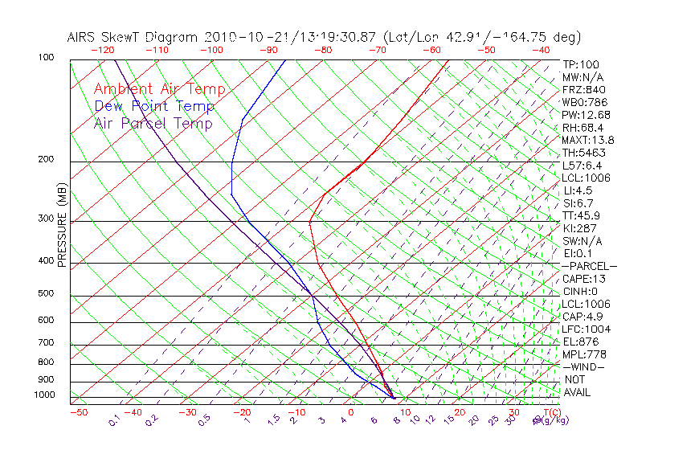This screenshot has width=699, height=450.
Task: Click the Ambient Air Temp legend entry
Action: pos(159,90)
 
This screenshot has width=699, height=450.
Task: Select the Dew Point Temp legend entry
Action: pos(154,107)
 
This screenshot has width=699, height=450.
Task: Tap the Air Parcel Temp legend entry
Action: pos(153,124)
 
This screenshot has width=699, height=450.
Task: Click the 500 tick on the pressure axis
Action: pos(45,293)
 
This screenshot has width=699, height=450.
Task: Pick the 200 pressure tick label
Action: pos(45,159)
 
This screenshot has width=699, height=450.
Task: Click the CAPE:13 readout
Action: pos(583,279)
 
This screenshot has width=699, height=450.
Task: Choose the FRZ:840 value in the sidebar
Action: pos(583,90)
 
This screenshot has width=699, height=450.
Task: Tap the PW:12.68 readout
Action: pos(586,115)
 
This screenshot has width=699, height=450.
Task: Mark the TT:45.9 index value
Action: pos(582,215)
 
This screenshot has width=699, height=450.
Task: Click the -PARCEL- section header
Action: pos(589,266)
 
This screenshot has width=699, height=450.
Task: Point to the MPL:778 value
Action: pos(582,354)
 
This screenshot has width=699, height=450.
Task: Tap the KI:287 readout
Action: pos(580,228)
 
